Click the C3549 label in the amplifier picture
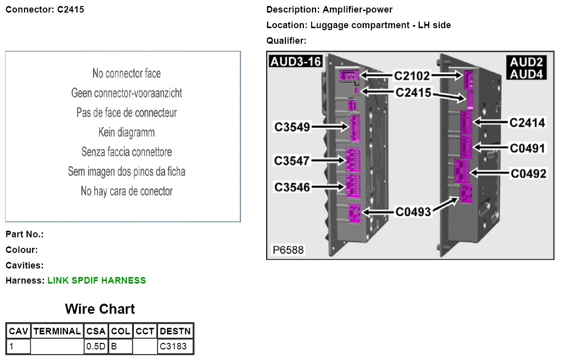click(292, 127)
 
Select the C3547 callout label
click(292, 161)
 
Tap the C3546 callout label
click(292, 187)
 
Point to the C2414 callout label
click(527, 122)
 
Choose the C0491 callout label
click(528, 148)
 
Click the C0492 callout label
click(528, 174)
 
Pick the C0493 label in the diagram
click(413, 212)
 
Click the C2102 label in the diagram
click(412, 76)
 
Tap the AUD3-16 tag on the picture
click(295, 61)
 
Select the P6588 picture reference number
click(288, 250)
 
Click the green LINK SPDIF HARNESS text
click(97, 281)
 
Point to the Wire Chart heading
click(100, 309)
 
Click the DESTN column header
click(175, 331)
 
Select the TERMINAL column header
click(57, 331)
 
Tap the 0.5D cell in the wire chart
click(96, 346)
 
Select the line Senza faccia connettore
click(126, 152)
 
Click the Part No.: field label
click(25, 234)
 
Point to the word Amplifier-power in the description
click(358, 10)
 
